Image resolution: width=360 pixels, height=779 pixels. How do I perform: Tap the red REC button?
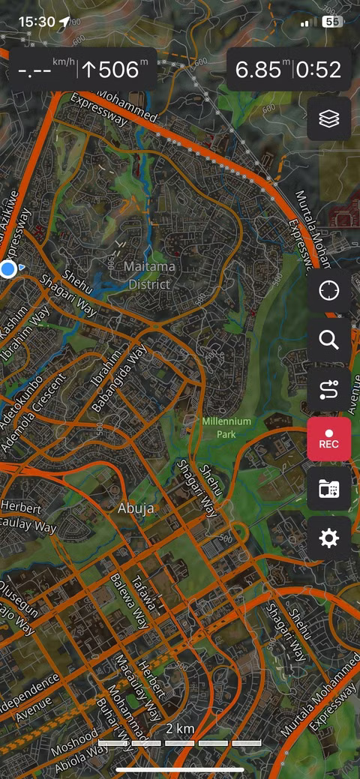pyautogui.click(x=328, y=439)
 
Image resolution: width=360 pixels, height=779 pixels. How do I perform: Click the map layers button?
pyautogui.click(x=328, y=118)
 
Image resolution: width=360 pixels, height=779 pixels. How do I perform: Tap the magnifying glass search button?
pyautogui.click(x=328, y=340)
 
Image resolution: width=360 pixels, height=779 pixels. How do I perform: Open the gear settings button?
pyautogui.click(x=328, y=538)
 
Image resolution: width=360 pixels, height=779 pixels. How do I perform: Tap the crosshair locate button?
pyautogui.click(x=328, y=291)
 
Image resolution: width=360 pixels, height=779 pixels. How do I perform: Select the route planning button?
pyautogui.click(x=328, y=389)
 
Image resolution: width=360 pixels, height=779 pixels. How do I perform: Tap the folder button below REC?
pyautogui.click(x=328, y=489)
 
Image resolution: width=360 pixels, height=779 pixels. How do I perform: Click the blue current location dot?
pyautogui.click(x=8, y=268)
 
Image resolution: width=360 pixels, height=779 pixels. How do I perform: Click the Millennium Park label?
pyautogui.click(x=226, y=427)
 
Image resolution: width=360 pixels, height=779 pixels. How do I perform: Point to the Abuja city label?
pyautogui.click(x=136, y=508)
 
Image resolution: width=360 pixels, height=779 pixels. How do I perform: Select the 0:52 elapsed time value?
pyautogui.click(x=319, y=70)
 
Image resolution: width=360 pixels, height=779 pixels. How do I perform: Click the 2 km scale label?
pyautogui.click(x=180, y=729)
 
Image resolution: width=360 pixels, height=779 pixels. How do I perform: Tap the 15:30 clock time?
pyautogui.click(x=37, y=21)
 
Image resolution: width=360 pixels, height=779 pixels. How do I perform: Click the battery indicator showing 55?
pyautogui.click(x=331, y=22)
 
